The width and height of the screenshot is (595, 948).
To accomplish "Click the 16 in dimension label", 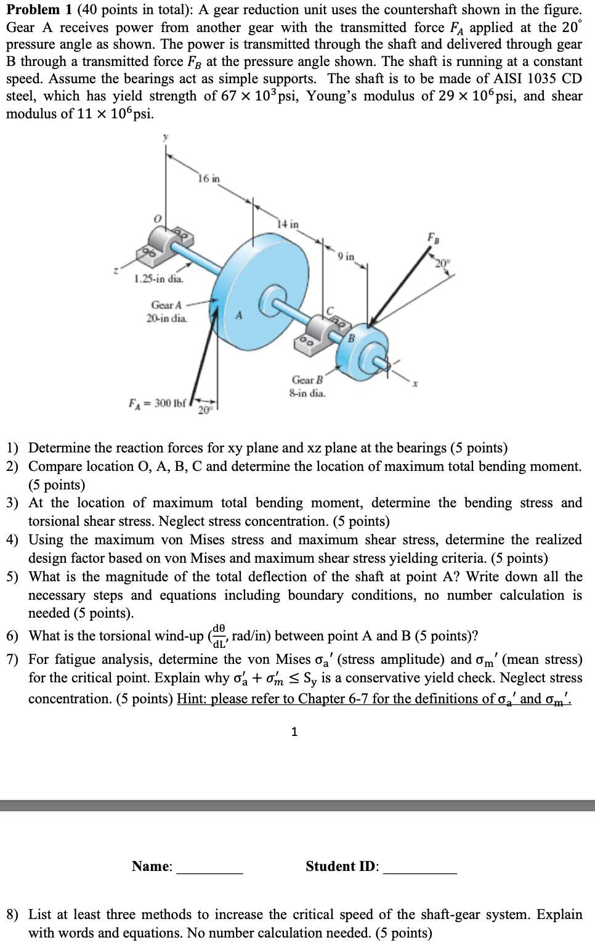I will (x=209, y=179).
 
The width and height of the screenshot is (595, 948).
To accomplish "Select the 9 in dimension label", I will (x=347, y=256).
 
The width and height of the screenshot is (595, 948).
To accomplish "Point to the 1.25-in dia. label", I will (x=158, y=279).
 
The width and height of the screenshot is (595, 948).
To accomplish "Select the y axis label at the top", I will (x=164, y=139).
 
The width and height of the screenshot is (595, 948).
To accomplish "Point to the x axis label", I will (x=416, y=383).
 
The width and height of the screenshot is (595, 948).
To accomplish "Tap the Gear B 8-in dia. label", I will (x=307, y=386).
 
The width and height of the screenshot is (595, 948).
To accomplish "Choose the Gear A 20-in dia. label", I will (x=166, y=311).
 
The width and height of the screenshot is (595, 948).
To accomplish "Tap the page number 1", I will (x=294, y=732).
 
